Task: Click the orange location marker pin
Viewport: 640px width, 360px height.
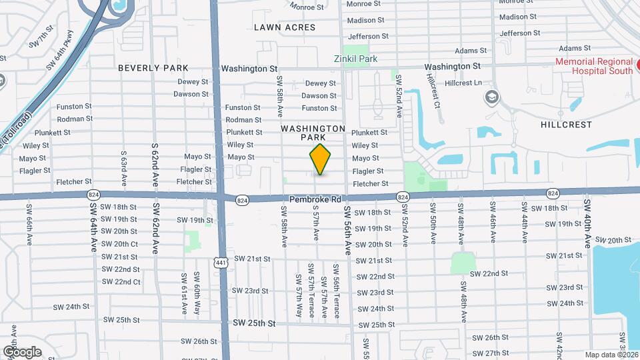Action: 320,159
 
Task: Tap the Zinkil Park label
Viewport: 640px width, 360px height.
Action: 355,59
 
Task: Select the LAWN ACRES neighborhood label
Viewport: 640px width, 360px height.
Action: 285,27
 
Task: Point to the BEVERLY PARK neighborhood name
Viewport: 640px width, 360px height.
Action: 153,68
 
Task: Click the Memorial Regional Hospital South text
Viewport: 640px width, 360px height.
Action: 595,67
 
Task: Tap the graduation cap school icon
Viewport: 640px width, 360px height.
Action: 492,97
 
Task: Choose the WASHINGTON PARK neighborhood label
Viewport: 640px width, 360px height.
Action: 313,133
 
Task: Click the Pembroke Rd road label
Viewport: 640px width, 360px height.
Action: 315,199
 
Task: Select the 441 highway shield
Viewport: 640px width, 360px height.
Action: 220,263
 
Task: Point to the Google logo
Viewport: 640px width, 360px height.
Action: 22,351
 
